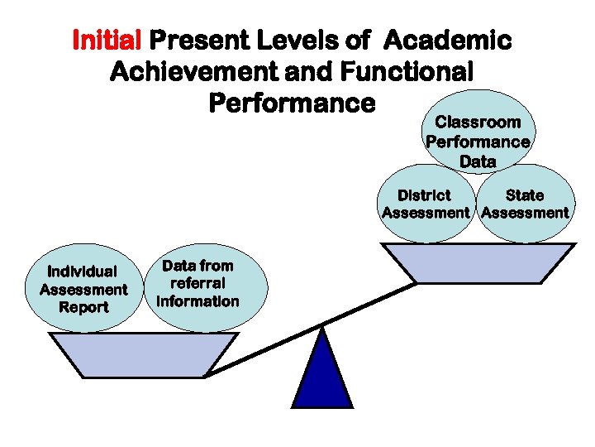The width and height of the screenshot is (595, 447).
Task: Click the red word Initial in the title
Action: pyautogui.click(x=109, y=40)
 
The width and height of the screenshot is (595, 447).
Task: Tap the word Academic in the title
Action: pyautogui.click(x=449, y=40)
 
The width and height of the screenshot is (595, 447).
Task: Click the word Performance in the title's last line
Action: pyautogui.click(x=292, y=103)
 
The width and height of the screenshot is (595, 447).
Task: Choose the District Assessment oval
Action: pyautogui.click(x=425, y=204)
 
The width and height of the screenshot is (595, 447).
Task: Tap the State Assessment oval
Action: pyautogui.click(x=526, y=204)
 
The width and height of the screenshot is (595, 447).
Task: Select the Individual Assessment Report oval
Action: pyautogui.click(x=83, y=289)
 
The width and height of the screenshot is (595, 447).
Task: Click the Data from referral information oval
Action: pyautogui.click(x=198, y=284)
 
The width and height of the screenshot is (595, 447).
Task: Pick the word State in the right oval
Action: pyautogui.click(x=525, y=195)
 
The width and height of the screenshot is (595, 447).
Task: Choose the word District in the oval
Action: pyautogui.click(x=424, y=195)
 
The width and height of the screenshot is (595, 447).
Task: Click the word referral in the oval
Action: pyautogui.click(x=198, y=283)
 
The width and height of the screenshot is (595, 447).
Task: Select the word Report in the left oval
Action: pyautogui.click(x=83, y=307)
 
